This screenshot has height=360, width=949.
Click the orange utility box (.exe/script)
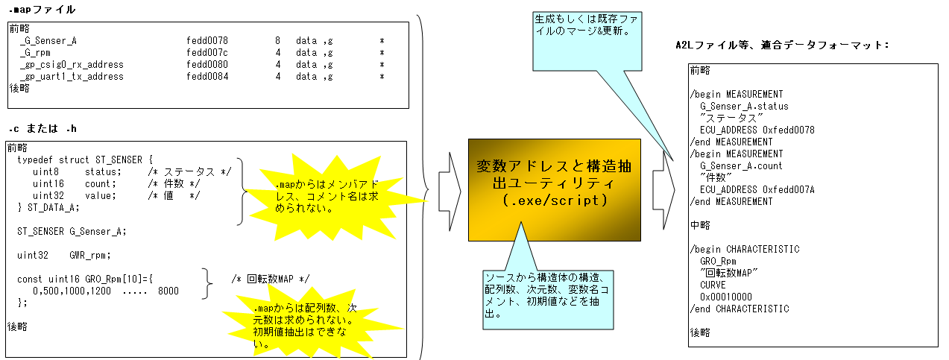[554, 189]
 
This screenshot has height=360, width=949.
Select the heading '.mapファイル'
[42, 10]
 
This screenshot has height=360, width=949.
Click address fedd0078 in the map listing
[206, 40]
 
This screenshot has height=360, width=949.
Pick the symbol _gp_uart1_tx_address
[72, 76]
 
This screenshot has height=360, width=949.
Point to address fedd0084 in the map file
[206, 76]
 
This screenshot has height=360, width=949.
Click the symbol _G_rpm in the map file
[36, 52]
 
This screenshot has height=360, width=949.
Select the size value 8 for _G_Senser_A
[277, 40]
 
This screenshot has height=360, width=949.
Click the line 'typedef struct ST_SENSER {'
[84, 160]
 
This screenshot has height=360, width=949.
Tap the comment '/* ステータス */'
[188, 171]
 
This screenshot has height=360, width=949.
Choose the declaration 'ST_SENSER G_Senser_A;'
[72, 231]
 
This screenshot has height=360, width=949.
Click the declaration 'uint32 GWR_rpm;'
[64, 255]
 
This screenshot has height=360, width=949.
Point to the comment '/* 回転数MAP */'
[270, 279]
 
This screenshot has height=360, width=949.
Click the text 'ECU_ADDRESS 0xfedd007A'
[757, 189]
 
